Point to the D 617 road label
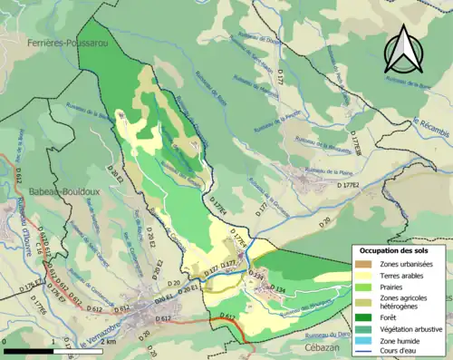pyautogui.click(x=227, y=316)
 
